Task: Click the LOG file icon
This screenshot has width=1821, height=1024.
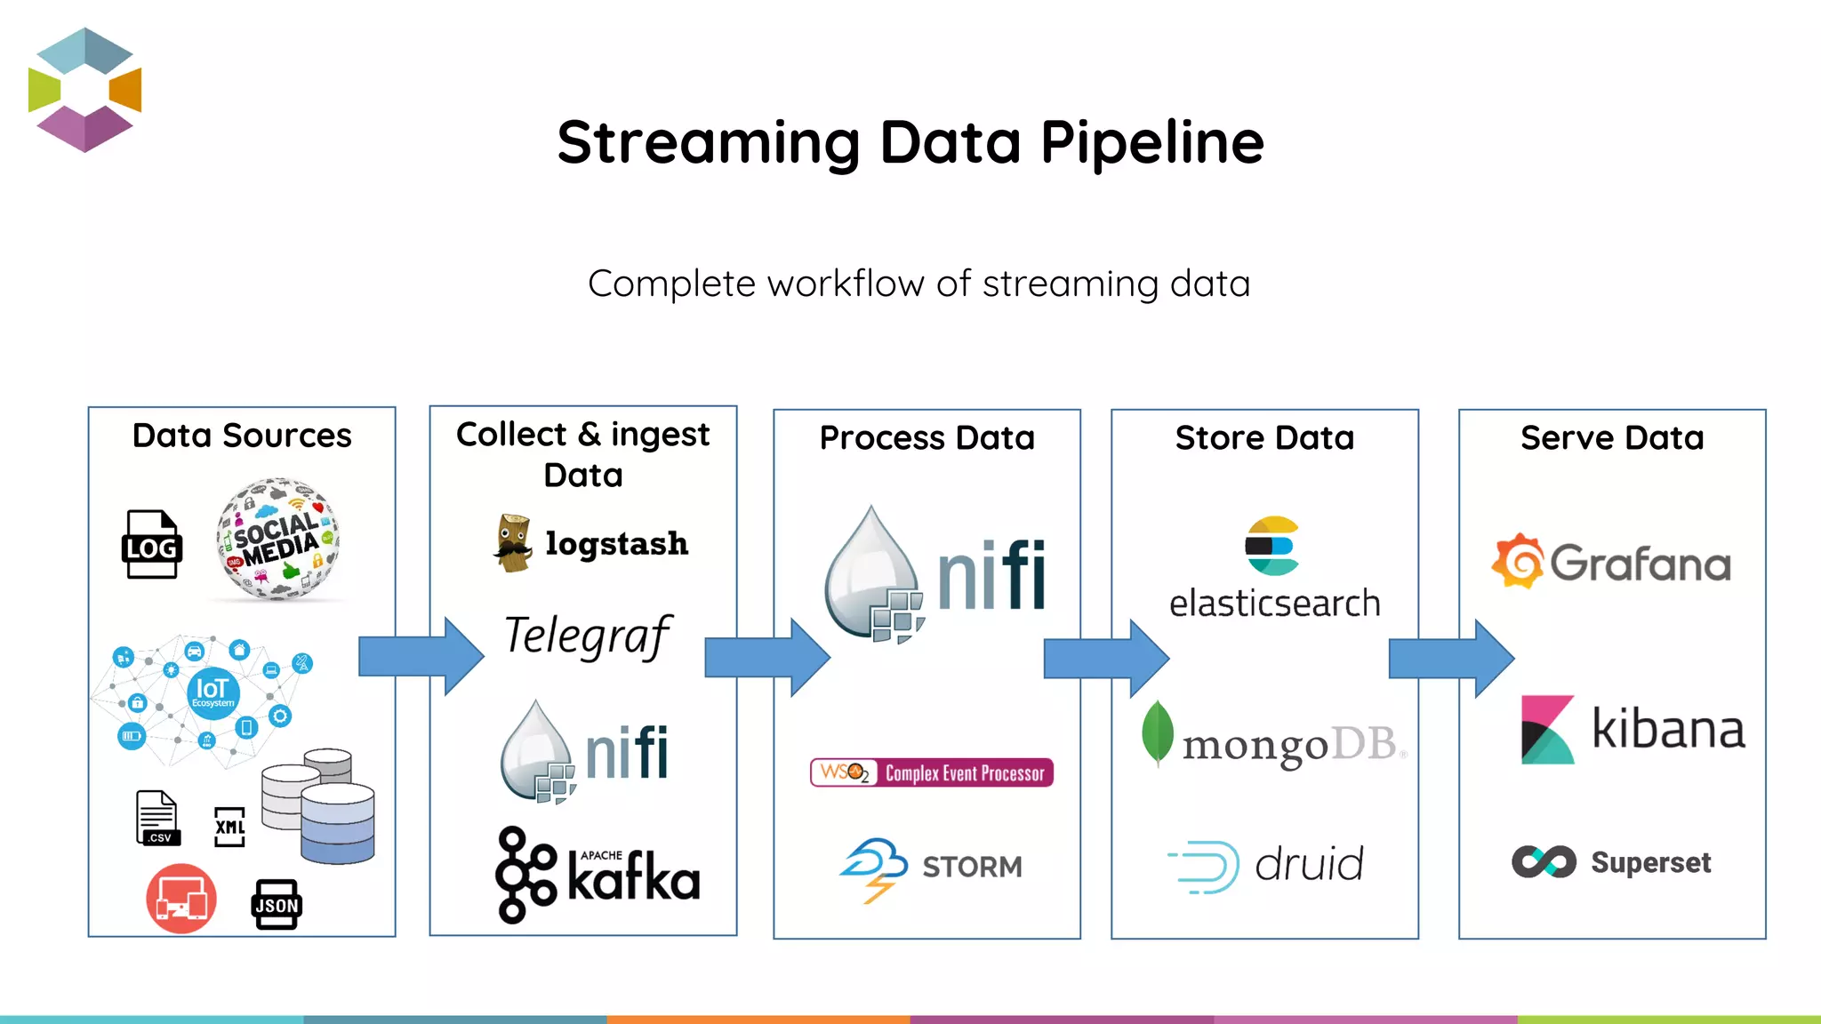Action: click(151, 544)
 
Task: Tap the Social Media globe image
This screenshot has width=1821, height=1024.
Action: click(278, 540)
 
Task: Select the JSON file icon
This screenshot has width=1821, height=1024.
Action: click(277, 904)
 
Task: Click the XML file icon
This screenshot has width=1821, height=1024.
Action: click(229, 827)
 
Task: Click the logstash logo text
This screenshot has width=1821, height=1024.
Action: click(616, 543)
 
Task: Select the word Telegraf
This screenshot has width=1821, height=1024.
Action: click(587, 636)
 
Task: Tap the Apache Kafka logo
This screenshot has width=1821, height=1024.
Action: click(598, 876)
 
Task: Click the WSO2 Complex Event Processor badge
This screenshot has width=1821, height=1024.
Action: click(931, 772)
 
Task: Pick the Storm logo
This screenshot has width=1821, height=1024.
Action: click(931, 868)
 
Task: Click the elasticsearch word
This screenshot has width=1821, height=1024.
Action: click(1273, 604)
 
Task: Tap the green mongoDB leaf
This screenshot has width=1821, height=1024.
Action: click(1157, 732)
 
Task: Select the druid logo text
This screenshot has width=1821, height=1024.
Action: click(1308, 865)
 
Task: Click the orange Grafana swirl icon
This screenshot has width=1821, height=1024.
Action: click(1518, 561)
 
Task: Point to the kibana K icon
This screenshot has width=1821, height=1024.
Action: click(1547, 730)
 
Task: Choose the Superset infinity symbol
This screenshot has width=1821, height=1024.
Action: click(1544, 861)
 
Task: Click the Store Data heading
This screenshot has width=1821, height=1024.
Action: click(1263, 438)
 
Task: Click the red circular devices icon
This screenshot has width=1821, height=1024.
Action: click(181, 899)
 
